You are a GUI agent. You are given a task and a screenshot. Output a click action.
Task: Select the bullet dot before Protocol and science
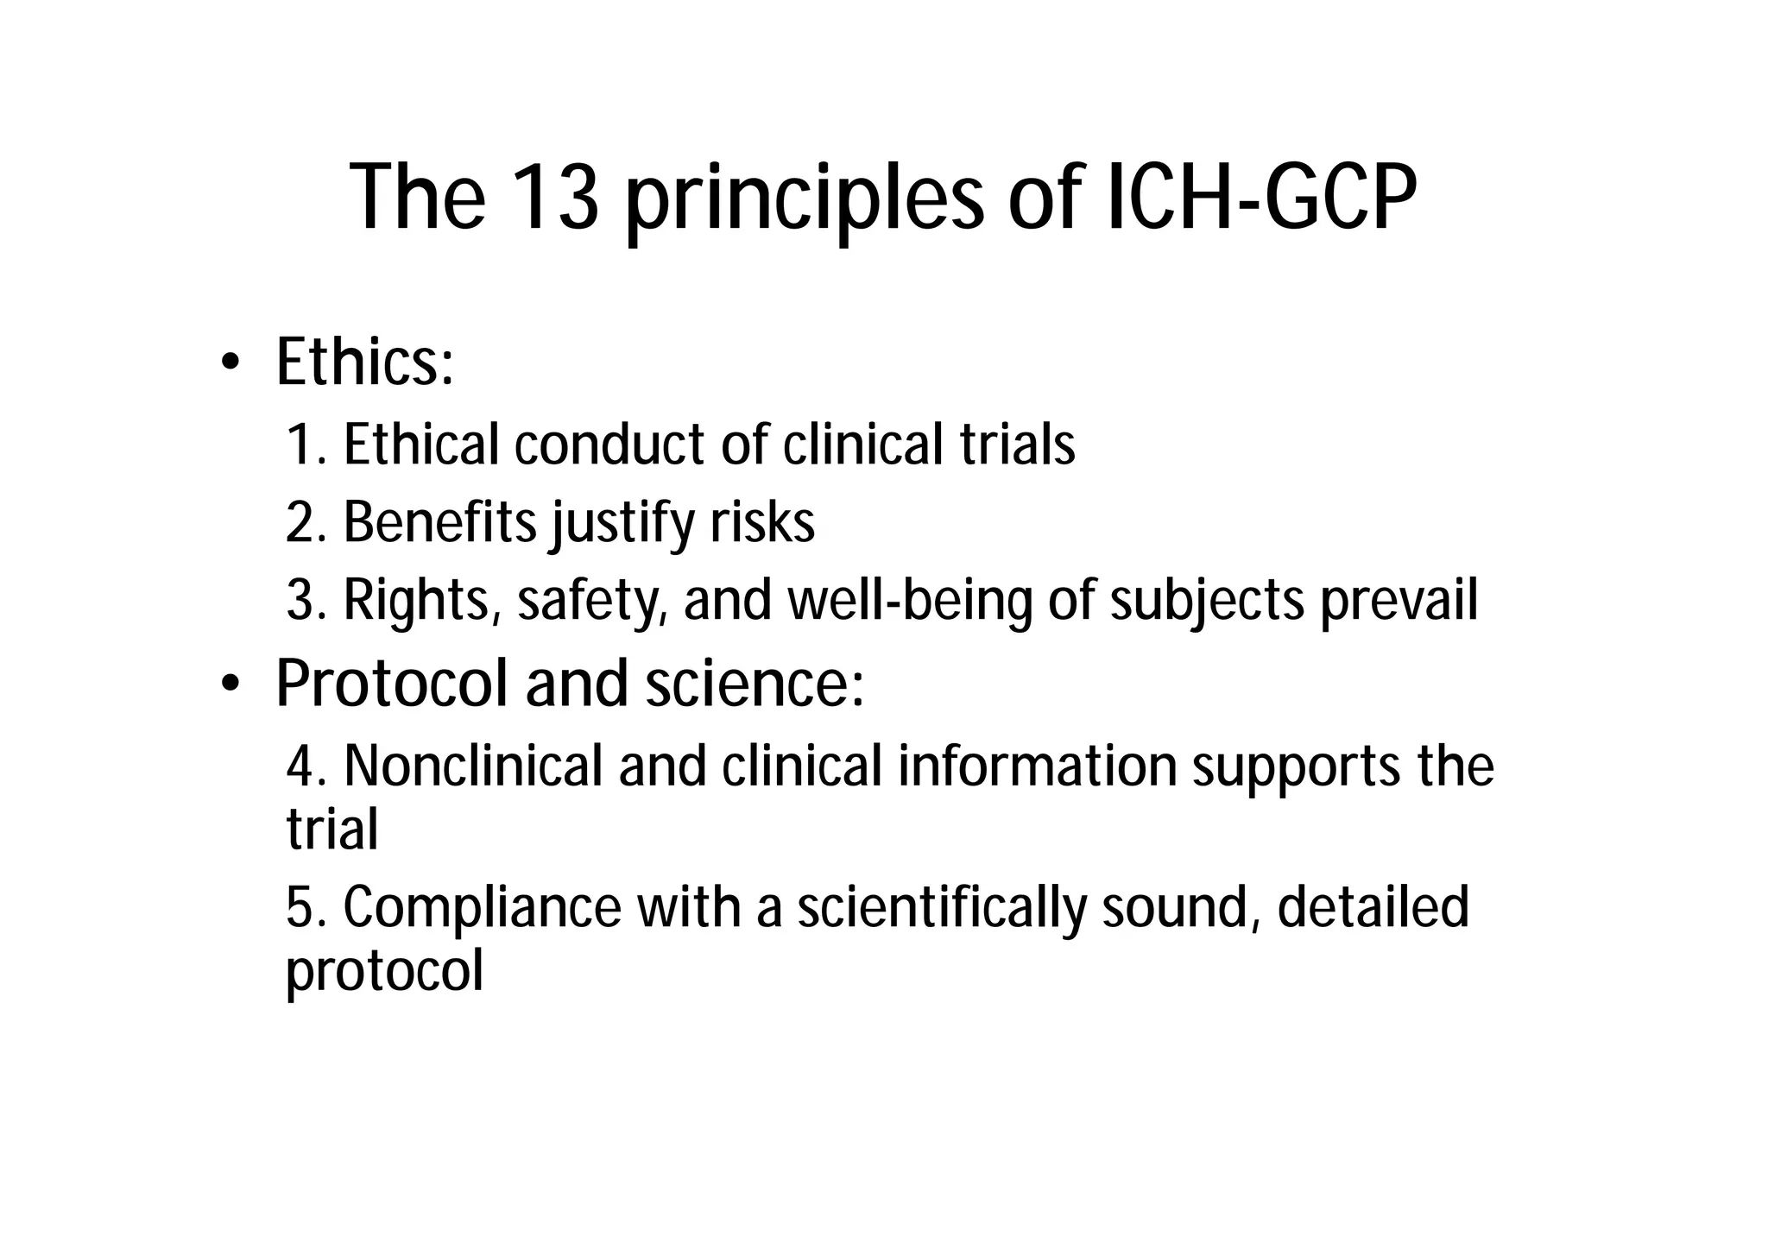coord(229,684)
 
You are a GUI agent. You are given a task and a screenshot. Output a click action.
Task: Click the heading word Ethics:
coord(364,363)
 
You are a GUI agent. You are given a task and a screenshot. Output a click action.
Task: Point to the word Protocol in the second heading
coord(391,684)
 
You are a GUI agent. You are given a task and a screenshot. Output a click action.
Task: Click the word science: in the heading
coord(755,684)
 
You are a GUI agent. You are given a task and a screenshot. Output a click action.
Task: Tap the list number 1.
coord(302,445)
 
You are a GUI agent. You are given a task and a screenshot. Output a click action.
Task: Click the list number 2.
coord(302,523)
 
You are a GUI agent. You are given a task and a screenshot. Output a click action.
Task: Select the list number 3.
coord(302,601)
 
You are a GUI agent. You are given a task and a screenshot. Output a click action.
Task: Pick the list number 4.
coord(302,766)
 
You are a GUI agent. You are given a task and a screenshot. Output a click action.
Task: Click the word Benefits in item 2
coord(440,523)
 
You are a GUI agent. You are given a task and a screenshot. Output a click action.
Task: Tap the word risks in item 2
coord(762,523)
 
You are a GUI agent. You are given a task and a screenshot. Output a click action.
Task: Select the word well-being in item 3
coord(910,601)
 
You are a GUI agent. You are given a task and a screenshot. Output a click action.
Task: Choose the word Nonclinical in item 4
coord(473,766)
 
